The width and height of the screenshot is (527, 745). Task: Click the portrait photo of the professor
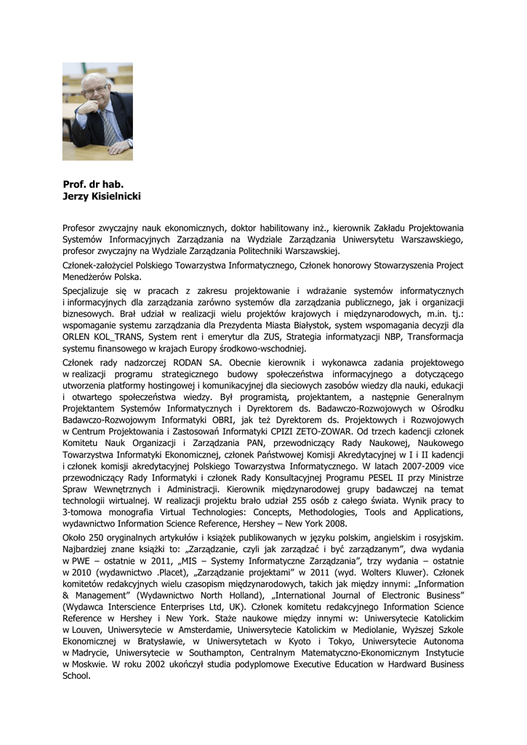pyautogui.click(x=97, y=111)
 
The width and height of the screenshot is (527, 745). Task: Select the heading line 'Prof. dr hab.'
pyautogui.click(x=93, y=185)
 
